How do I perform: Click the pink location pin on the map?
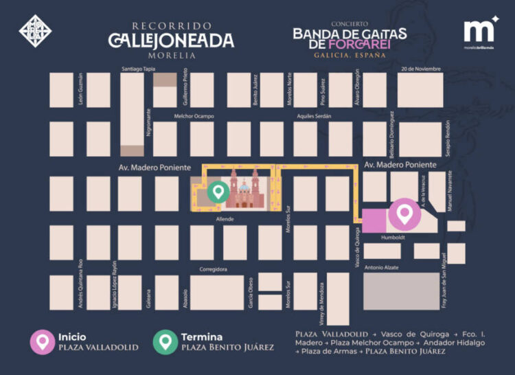tap(404, 214)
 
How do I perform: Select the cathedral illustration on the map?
tap(244, 189)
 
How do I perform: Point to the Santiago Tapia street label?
tap(139, 69)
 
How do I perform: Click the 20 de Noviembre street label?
tap(421, 69)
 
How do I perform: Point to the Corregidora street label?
tap(213, 269)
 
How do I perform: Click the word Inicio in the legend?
tap(72, 337)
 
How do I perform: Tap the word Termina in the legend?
tap(201, 337)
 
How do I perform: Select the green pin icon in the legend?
tap(165, 341)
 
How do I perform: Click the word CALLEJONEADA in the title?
tap(171, 41)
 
